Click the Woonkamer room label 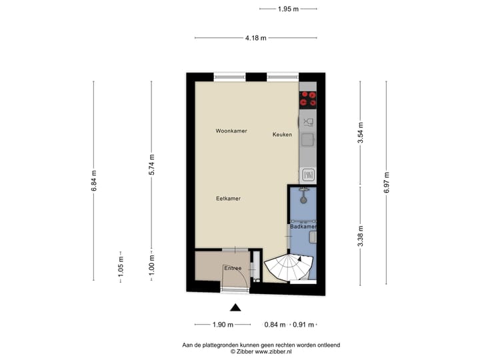(231, 131)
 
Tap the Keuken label (282, 135)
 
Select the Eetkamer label (228, 199)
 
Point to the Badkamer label (303, 227)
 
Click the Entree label (233, 268)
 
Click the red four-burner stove (308, 99)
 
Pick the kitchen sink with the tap (308, 122)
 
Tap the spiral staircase (287, 267)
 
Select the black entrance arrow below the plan (235, 307)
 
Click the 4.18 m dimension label (255, 38)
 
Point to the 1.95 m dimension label (288, 9)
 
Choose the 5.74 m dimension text (152, 165)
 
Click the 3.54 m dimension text (360, 133)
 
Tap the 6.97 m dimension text (386, 181)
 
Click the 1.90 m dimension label (223, 325)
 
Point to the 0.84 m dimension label (275, 325)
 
